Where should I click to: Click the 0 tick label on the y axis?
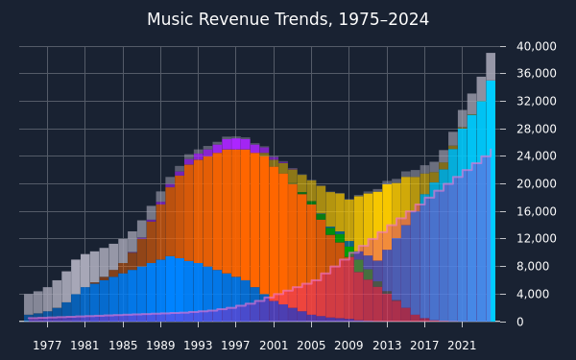coord(519,322)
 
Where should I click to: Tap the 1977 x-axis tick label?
coord(47,346)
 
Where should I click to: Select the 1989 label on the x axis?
coord(160,346)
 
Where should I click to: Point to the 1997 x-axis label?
coord(236,346)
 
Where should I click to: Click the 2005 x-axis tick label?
coord(311,346)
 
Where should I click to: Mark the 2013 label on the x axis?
coord(387,346)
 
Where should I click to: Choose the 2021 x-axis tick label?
coord(462,346)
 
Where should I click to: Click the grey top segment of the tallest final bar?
coord(491,66)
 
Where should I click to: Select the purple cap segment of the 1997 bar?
coord(236,144)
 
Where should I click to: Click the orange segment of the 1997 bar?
coord(236,213)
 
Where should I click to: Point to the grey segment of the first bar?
coord(29,304)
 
